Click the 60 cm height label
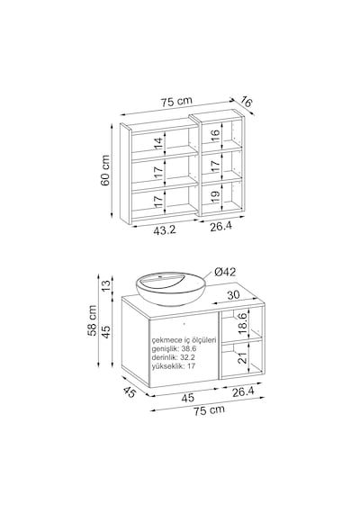(105, 170)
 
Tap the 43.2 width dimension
(165, 230)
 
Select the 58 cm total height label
(93, 320)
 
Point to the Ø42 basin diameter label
(225, 272)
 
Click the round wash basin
(171, 289)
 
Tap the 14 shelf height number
(158, 144)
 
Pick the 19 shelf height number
(215, 197)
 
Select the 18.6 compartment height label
(243, 323)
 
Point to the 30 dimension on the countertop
(233, 295)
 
